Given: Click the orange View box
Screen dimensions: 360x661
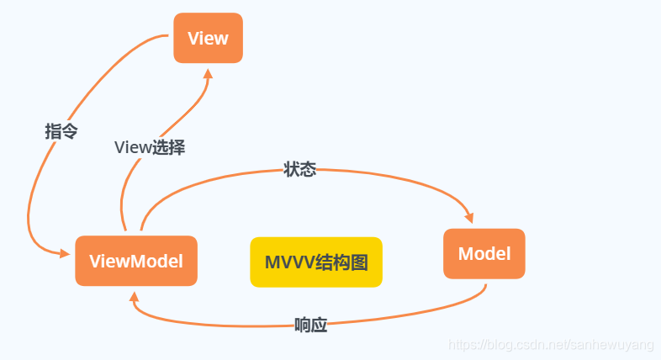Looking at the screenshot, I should tap(208, 38).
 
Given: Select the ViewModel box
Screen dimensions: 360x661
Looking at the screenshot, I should tap(136, 261).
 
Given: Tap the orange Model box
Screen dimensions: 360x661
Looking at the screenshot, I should tap(484, 253).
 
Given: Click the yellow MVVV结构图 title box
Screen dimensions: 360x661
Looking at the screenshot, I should tap(316, 262).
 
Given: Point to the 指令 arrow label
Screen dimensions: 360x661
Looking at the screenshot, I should tap(61, 131).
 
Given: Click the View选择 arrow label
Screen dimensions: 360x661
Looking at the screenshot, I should tap(150, 147).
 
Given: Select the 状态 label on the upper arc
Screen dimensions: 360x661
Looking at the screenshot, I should tap(300, 170).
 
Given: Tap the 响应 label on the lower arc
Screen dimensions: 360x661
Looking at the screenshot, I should tap(310, 326).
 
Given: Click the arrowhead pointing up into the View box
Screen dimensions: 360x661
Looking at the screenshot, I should tap(208, 73).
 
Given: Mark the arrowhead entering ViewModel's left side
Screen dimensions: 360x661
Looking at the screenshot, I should tap(65, 253).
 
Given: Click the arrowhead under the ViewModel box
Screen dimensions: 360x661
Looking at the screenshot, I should tap(134, 295).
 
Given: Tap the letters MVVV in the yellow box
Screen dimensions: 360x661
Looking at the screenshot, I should tap(289, 262).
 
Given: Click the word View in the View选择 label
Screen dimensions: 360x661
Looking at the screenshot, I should tap(131, 147).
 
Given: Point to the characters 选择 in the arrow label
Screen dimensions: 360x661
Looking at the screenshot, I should tap(167, 147).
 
